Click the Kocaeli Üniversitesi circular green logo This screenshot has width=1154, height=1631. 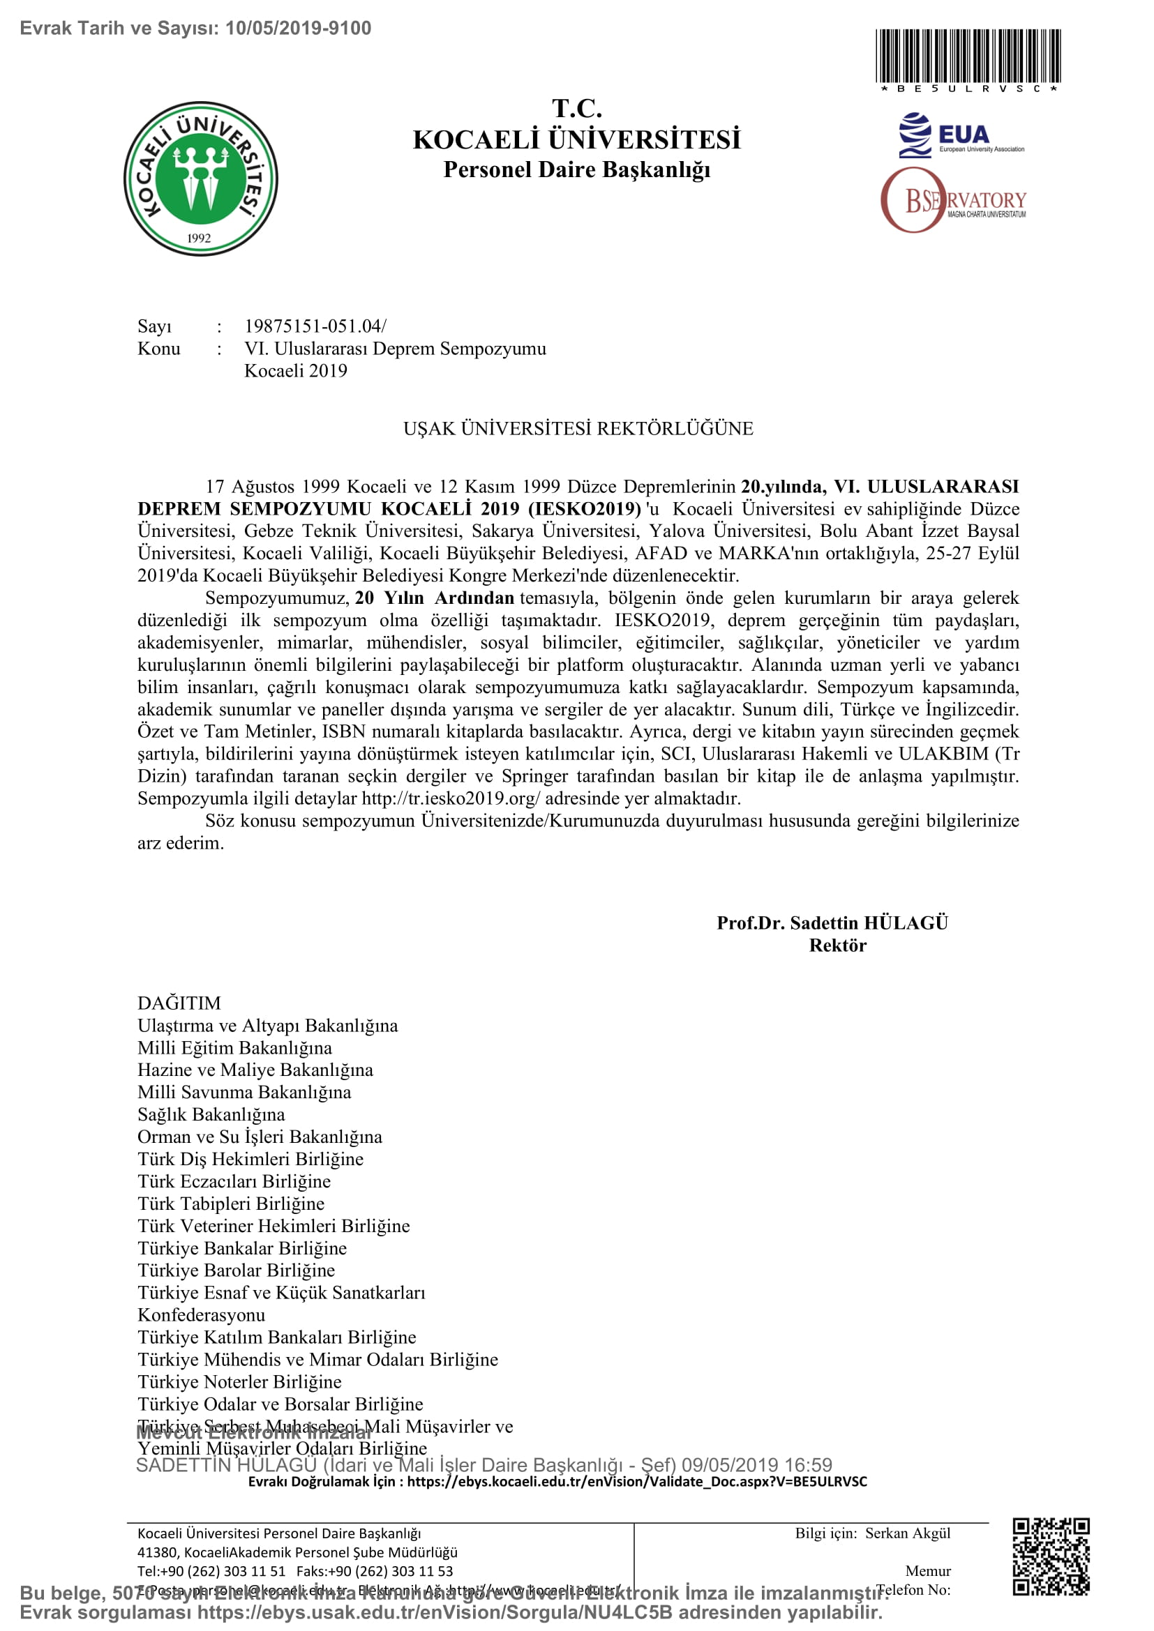point(200,179)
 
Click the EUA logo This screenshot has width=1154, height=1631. point(960,135)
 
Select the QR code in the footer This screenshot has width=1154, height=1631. point(1051,1556)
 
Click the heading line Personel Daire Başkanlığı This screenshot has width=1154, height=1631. point(576,169)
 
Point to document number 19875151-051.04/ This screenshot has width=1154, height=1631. point(315,326)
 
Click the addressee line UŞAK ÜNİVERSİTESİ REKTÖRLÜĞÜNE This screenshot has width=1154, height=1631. point(578,428)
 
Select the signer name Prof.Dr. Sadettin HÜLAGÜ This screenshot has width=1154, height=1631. point(832,923)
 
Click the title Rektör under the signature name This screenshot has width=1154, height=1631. point(837,946)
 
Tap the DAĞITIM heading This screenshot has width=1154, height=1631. point(179,1003)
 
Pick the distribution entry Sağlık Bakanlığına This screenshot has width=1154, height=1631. point(211,1114)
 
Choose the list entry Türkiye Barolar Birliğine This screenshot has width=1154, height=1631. point(236,1270)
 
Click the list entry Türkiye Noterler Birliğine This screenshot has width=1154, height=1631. point(239,1381)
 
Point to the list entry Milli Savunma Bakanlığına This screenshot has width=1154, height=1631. point(243,1092)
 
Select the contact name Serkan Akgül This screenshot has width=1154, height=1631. point(908,1533)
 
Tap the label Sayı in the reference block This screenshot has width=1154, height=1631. point(155,326)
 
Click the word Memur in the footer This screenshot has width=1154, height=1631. point(927,1570)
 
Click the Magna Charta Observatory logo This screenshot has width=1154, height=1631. point(953,201)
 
